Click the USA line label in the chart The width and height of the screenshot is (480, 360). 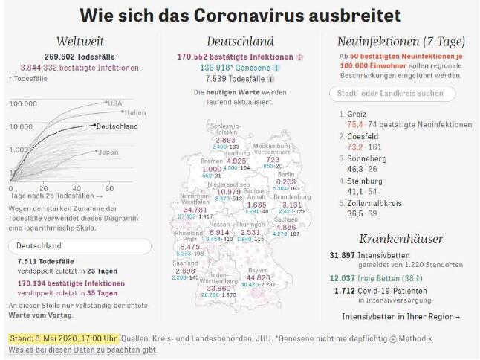point(114,103)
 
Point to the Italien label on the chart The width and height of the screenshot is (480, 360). point(134,112)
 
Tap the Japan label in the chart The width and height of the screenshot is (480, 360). point(108,152)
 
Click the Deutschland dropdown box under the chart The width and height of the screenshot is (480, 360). point(81,245)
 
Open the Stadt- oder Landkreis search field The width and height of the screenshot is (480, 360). point(392,94)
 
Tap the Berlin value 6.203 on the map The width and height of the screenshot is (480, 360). point(286,181)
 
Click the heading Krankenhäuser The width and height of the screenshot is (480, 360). point(401,239)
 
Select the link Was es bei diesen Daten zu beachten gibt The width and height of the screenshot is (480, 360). point(81,350)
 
